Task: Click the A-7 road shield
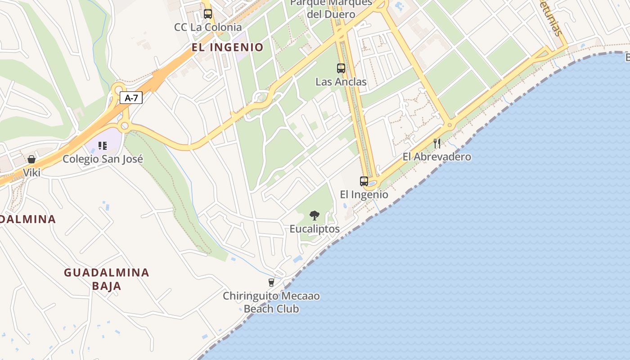131,98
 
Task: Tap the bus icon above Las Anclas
341,68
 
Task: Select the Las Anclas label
341,82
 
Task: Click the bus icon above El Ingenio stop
364,181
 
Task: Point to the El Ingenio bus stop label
364,194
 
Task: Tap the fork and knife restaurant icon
436,144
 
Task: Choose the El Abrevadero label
436,157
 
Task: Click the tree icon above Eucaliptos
315,216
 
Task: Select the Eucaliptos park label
315,229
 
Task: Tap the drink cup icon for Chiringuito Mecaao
271,283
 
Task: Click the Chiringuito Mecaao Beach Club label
271,302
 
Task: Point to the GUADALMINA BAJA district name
107,279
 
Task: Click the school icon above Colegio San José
103,145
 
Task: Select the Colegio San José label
103,159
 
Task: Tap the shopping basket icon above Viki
31,159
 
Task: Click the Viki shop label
31,172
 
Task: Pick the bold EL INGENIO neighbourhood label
227,47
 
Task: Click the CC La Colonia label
208,27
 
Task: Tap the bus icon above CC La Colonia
207,14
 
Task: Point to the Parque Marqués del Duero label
331,8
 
